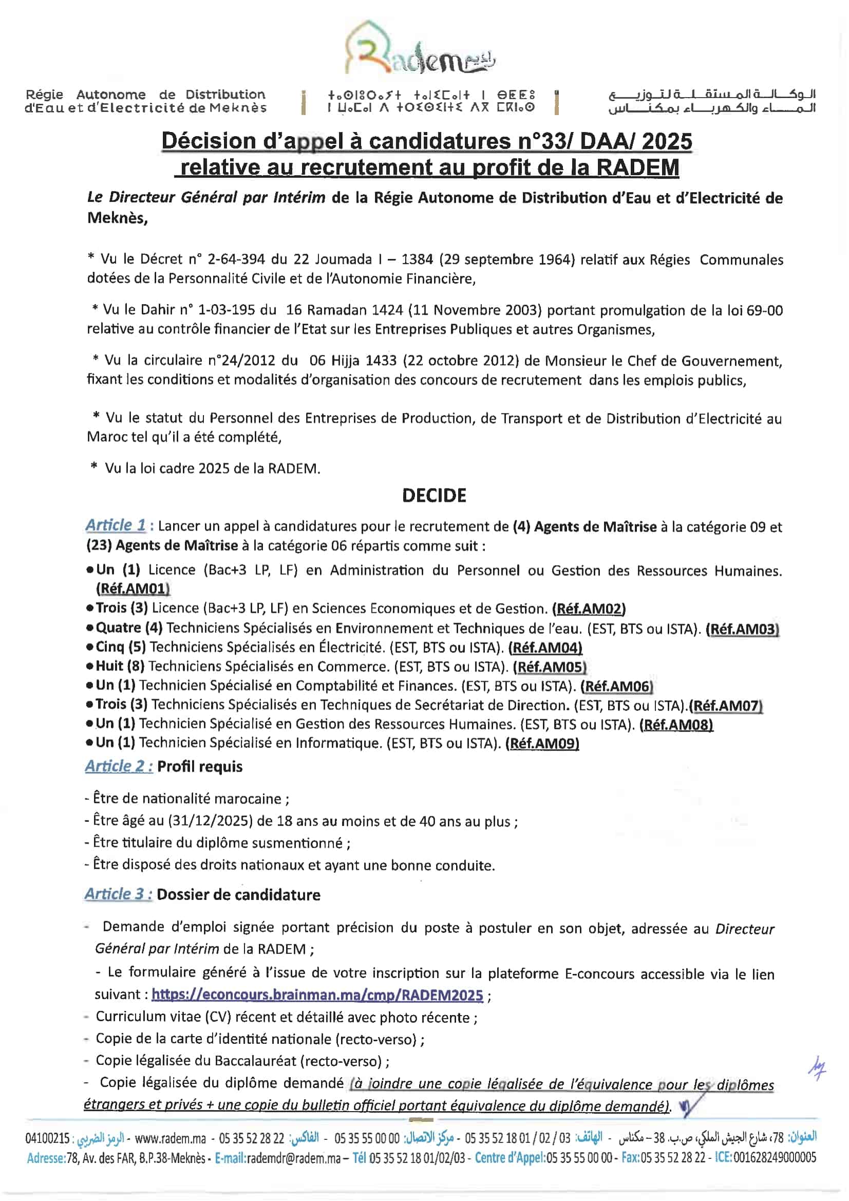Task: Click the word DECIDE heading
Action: (x=433, y=495)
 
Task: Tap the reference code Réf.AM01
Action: (x=133, y=589)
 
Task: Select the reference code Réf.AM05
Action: (x=549, y=667)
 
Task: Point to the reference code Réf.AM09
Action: (x=542, y=743)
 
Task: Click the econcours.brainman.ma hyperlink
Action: (x=317, y=994)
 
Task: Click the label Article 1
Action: (x=116, y=524)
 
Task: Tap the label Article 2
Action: (x=119, y=766)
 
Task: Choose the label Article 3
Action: (x=119, y=894)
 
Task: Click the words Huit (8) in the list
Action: (x=120, y=666)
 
